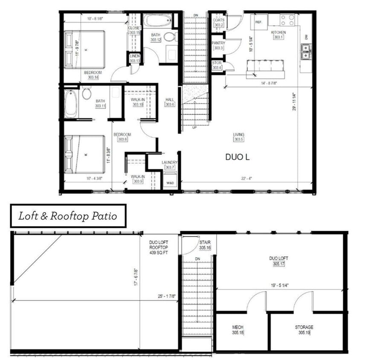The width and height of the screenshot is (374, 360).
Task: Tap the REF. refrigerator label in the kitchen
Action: click(x=258, y=22)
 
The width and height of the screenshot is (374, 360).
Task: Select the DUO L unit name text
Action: click(x=238, y=157)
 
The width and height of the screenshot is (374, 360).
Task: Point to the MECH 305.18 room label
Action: click(x=238, y=330)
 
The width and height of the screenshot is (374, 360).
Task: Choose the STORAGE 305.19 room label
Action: click(x=304, y=330)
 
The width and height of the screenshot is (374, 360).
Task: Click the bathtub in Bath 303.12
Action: click(x=157, y=20)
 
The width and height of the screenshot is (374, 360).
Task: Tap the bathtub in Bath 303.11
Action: click(x=71, y=103)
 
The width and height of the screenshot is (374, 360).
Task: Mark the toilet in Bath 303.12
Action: click(x=169, y=37)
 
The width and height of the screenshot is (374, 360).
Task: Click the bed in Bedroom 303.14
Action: click(x=85, y=49)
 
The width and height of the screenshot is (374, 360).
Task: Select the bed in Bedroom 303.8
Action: click(x=85, y=154)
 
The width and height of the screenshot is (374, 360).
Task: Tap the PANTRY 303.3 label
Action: click(x=218, y=45)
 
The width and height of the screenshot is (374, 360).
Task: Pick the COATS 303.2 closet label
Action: click(x=218, y=23)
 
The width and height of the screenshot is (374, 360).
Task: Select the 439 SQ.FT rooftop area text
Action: click(x=158, y=253)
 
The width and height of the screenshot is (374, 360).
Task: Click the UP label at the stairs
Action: click(x=195, y=127)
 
